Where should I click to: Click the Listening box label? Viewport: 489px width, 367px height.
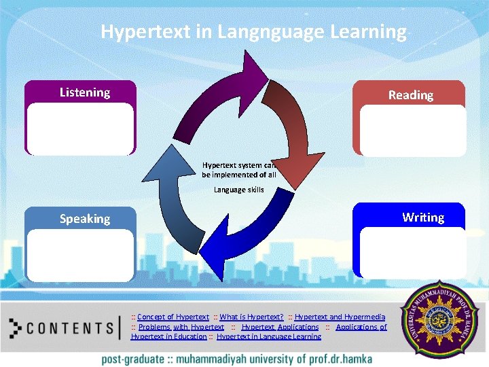coord(85,92)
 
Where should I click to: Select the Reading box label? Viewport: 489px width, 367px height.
coord(410,95)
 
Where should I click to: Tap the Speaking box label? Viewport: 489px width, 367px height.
coord(85,219)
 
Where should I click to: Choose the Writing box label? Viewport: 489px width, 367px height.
coord(422,217)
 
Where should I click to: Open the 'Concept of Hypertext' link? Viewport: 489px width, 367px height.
coord(173,317)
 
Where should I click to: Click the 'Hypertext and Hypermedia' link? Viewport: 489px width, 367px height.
coord(340,317)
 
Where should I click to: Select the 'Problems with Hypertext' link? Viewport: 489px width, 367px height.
coord(181,327)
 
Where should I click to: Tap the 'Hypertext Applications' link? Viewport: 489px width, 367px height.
coord(280,327)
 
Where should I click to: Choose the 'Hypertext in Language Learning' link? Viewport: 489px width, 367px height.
coord(269,336)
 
